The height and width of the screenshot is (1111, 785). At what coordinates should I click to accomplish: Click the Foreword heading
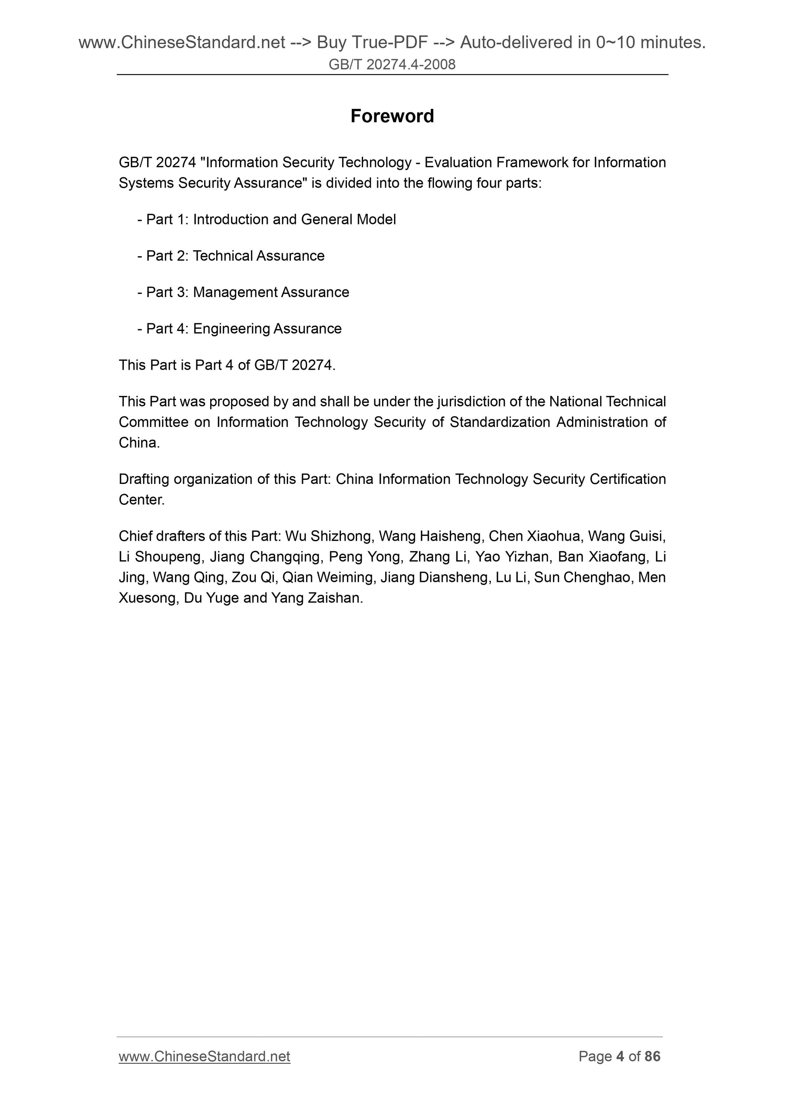[x=392, y=116]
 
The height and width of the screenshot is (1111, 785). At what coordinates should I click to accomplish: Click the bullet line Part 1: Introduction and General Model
[x=267, y=220]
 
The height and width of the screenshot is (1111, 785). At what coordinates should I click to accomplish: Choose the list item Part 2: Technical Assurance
[x=231, y=256]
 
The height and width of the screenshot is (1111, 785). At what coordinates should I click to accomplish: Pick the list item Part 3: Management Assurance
[x=243, y=292]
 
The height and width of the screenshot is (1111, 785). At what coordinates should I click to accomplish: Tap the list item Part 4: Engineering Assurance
[x=240, y=328]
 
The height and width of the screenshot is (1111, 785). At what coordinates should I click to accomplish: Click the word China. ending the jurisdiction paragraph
[x=139, y=443]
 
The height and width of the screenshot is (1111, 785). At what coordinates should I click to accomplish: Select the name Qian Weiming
[x=328, y=577]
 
